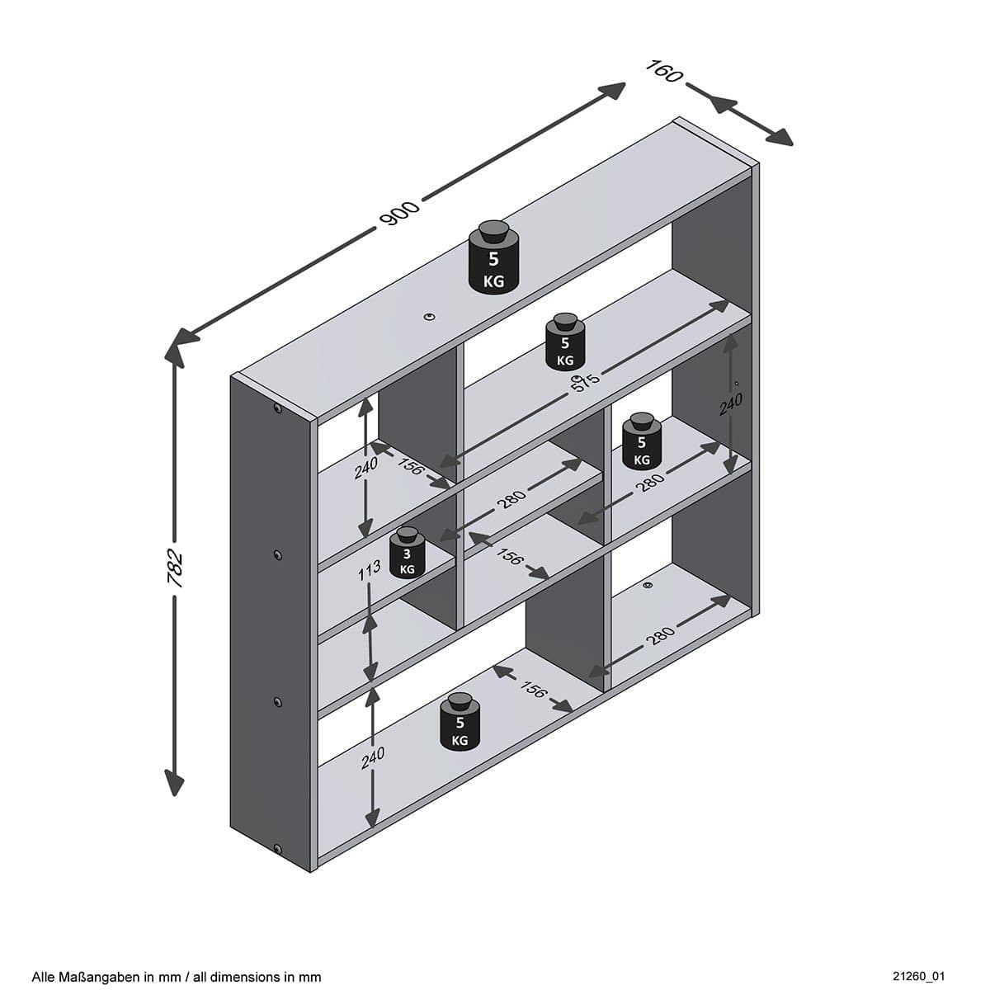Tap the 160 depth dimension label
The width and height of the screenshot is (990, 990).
(665, 71)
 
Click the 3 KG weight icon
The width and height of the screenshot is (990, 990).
(407, 554)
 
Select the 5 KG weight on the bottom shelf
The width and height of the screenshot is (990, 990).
(460, 724)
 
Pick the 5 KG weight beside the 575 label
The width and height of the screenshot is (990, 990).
(565, 342)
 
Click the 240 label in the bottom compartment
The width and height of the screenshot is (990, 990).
(373, 758)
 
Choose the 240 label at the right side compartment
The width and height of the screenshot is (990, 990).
(731, 405)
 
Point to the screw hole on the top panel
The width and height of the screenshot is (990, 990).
(429, 315)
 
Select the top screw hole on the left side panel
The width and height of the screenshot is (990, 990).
(277, 409)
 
